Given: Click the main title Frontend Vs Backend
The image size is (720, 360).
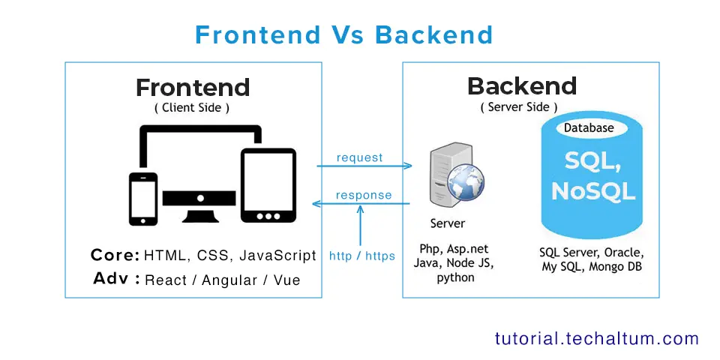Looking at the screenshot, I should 343,34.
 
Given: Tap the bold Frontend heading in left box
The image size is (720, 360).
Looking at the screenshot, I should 193,88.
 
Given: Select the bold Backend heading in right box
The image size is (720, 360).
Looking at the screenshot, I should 522,86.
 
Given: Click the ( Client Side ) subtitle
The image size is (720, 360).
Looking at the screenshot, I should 192,108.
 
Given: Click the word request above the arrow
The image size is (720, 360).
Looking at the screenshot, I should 360,157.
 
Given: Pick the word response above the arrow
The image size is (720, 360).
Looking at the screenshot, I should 364,195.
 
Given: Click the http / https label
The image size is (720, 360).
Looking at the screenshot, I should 362,256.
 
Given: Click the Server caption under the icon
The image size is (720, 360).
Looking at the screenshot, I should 448,223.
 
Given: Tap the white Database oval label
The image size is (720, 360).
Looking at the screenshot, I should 589,128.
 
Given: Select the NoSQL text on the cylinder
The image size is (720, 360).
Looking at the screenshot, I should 592,191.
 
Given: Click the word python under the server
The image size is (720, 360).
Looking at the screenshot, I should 455,277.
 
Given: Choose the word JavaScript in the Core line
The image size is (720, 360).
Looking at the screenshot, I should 277,256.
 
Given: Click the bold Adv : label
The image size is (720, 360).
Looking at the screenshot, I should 117,279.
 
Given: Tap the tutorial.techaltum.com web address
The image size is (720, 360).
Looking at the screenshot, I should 596,338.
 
